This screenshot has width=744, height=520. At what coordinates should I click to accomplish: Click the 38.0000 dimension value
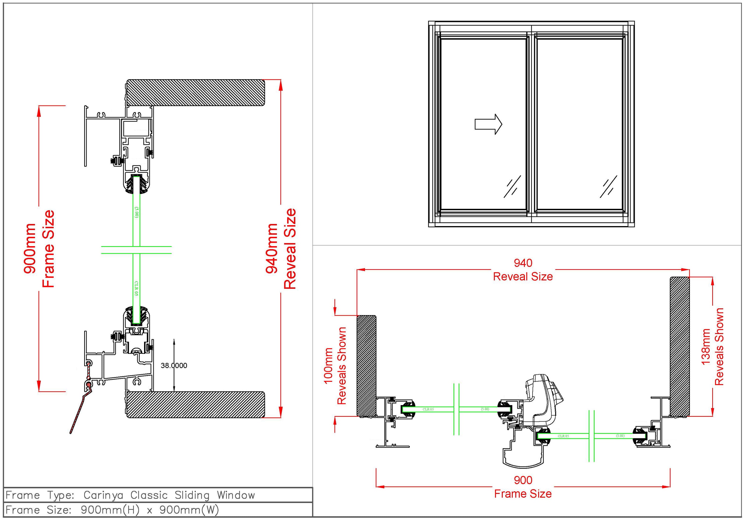pos(174,365)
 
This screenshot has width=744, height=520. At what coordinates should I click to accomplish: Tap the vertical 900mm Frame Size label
pos(39,249)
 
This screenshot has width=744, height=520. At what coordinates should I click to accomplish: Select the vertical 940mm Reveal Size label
pos(281,249)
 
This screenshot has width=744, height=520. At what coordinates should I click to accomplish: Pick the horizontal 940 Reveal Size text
pos(523,270)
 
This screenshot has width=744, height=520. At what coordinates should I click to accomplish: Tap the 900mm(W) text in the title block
pos(189,510)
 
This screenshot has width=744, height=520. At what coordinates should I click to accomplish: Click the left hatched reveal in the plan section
pos(366,365)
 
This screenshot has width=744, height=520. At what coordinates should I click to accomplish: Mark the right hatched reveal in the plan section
pos(680,346)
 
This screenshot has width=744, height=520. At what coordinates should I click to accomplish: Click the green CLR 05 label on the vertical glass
pos(136,288)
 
